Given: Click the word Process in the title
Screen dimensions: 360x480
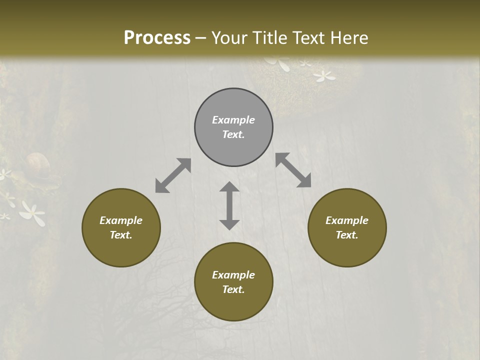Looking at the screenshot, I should coord(157,38).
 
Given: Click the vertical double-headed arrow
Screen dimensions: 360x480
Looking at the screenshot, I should coord(229,205).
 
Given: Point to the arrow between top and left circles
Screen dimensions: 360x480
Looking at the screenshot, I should coord(173,175).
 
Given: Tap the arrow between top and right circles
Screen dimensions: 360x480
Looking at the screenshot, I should coord(293,170).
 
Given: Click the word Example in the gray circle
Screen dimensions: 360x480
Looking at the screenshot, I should coord(233,120).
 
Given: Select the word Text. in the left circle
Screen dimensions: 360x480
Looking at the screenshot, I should coord(121,235).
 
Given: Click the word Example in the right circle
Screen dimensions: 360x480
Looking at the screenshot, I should coord(347,220).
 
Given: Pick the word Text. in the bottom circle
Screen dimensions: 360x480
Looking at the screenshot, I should coord(233,289).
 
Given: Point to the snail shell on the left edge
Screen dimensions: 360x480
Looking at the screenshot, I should coord(38,163).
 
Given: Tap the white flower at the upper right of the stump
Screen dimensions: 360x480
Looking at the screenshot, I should coord(324,76).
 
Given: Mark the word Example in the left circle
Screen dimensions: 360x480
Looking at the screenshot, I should coord(121,220).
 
